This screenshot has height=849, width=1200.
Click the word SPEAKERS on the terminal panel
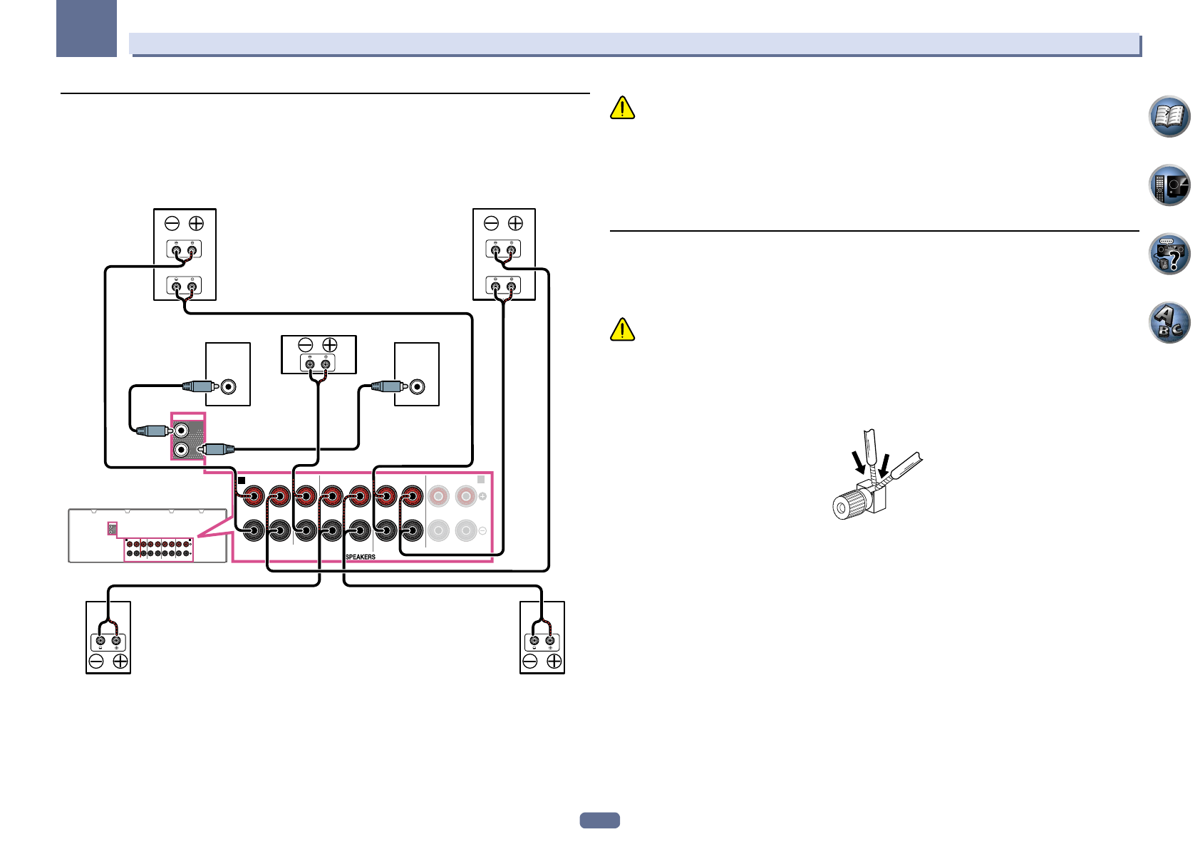[x=361, y=557]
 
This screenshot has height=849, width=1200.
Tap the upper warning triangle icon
[x=622, y=108]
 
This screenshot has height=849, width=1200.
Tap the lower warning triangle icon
[x=622, y=329]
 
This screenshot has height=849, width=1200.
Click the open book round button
[x=1169, y=116]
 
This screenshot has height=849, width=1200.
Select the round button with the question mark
[x=1169, y=254]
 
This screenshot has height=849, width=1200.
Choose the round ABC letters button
[x=1169, y=323]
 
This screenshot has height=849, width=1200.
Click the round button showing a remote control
[x=1169, y=185]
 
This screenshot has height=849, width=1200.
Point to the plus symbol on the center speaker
[x=329, y=345]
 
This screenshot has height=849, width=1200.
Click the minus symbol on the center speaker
[x=306, y=345]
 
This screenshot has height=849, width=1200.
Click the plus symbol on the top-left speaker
[x=196, y=223]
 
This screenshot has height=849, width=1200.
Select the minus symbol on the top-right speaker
[x=491, y=223]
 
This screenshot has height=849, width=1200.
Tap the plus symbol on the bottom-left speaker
[x=120, y=662]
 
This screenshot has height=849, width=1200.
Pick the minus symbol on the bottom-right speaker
[x=530, y=662]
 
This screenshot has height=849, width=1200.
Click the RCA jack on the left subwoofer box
[x=228, y=386]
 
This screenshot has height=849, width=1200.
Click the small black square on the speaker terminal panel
[x=242, y=480]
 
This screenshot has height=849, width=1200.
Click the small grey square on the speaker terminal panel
[x=481, y=480]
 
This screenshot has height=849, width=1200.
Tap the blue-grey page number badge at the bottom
[x=599, y=820]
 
